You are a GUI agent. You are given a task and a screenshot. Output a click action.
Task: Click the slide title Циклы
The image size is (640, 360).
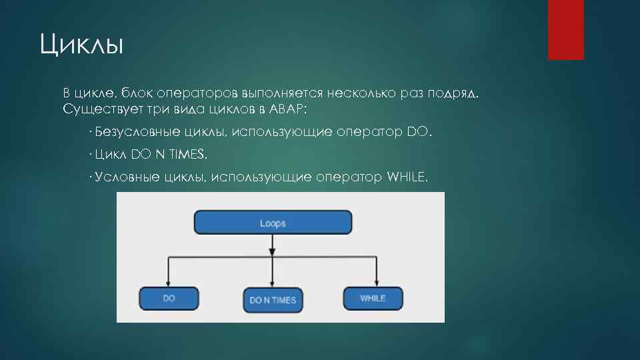[x=82, y=46]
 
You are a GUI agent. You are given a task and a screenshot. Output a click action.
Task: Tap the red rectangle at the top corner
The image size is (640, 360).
[x=565, y=29]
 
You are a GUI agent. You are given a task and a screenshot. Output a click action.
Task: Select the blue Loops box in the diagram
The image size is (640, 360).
[x=273, y=223]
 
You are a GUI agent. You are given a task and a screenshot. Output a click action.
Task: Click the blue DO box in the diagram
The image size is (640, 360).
[x=169, y=298]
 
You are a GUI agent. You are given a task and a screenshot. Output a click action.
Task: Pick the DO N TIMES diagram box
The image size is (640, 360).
[x=272, y=300]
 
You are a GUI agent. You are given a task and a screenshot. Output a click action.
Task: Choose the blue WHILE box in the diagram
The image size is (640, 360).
[x=373, y=298]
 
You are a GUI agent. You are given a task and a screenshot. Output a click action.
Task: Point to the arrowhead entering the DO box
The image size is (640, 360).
[x=169, y=283]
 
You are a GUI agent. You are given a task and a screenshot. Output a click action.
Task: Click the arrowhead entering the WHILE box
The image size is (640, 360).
[x=377, y=283]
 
